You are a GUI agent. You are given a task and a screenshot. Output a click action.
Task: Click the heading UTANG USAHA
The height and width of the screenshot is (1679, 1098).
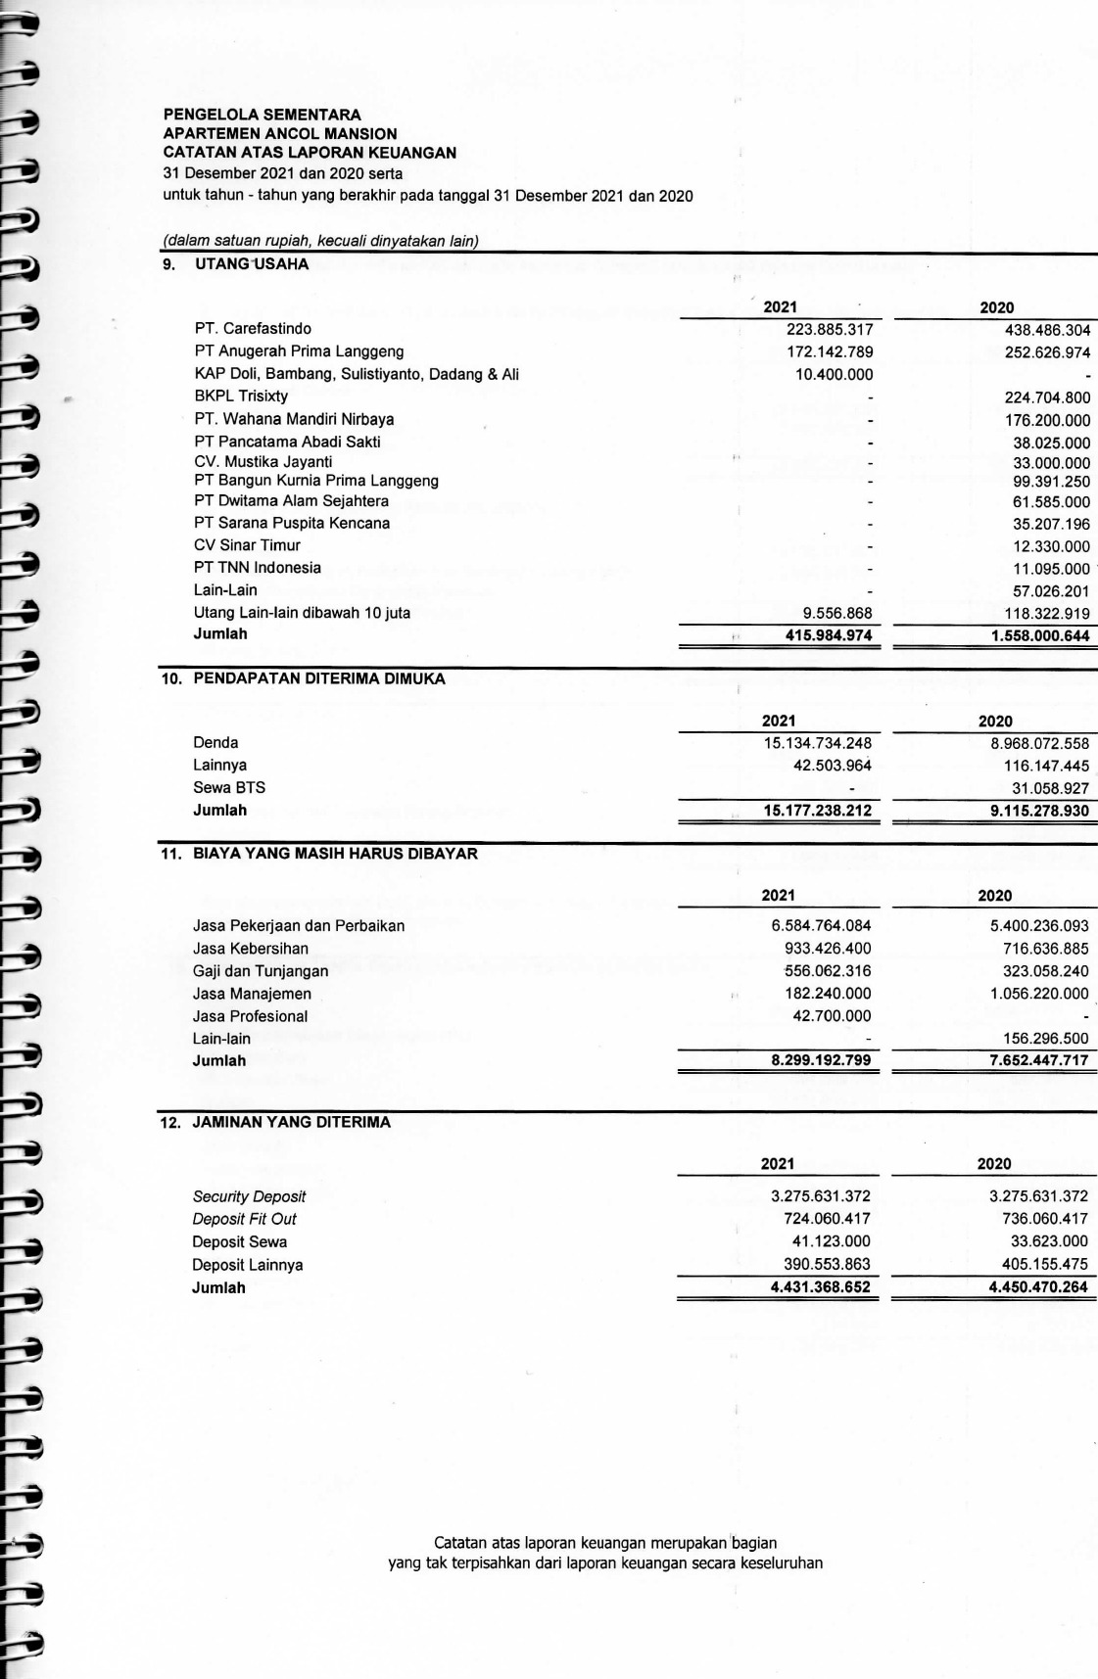(x=252, y=264)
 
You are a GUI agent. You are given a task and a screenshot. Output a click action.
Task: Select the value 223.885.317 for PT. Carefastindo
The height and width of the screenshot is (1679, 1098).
(x=830, y=329)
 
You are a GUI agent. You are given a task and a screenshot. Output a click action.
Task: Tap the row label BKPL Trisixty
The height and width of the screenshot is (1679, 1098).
(x=241, y=396)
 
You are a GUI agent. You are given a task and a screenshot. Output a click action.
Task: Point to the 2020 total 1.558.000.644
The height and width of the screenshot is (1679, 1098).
(x=1040, y=636)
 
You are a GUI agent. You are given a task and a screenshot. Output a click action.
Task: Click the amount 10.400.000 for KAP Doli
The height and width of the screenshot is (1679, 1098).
(x=834, y=374)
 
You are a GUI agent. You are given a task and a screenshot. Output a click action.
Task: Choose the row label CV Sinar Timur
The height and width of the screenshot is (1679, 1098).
(x=247, y=545)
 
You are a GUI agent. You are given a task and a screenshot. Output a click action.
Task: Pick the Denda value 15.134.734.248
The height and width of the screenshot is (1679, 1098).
(x=817, y=743)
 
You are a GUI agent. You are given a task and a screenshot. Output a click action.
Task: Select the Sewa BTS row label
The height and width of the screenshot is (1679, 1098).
(x=229, y=788)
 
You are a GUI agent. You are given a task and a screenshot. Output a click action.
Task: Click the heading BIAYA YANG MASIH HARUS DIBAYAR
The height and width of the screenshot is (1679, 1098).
(x=335, y=854)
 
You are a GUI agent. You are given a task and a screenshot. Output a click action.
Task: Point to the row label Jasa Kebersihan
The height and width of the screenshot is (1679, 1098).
(x=251, y=949)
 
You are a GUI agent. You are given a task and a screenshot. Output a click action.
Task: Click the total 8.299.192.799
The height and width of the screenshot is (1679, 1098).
(x=821, y=1061)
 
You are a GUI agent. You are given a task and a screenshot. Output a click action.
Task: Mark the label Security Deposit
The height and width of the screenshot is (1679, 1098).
(x=249, y=1196)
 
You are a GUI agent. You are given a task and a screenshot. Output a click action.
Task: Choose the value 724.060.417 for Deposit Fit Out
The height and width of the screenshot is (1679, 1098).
(x=827, y=1219)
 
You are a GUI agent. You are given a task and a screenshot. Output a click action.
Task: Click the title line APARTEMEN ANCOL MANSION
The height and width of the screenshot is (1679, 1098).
(x=280, y=133)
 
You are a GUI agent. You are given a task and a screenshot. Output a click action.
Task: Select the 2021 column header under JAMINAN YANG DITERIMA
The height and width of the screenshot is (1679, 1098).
(x=778, y=1164)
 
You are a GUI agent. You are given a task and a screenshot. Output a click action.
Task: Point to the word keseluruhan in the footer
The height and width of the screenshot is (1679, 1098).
(x=782, y=1563)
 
